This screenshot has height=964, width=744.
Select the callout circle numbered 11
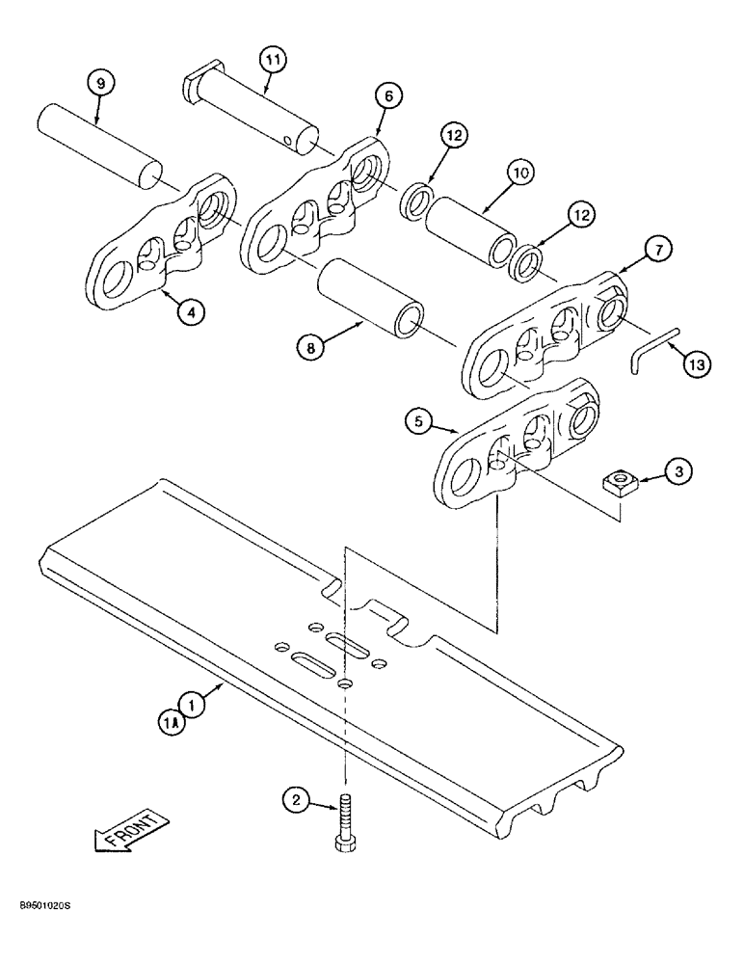coord(273,60)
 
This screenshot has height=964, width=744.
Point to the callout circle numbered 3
coord(678,471)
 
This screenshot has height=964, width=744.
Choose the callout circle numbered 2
coord(296,799)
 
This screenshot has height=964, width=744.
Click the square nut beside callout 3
coord(615,477)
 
